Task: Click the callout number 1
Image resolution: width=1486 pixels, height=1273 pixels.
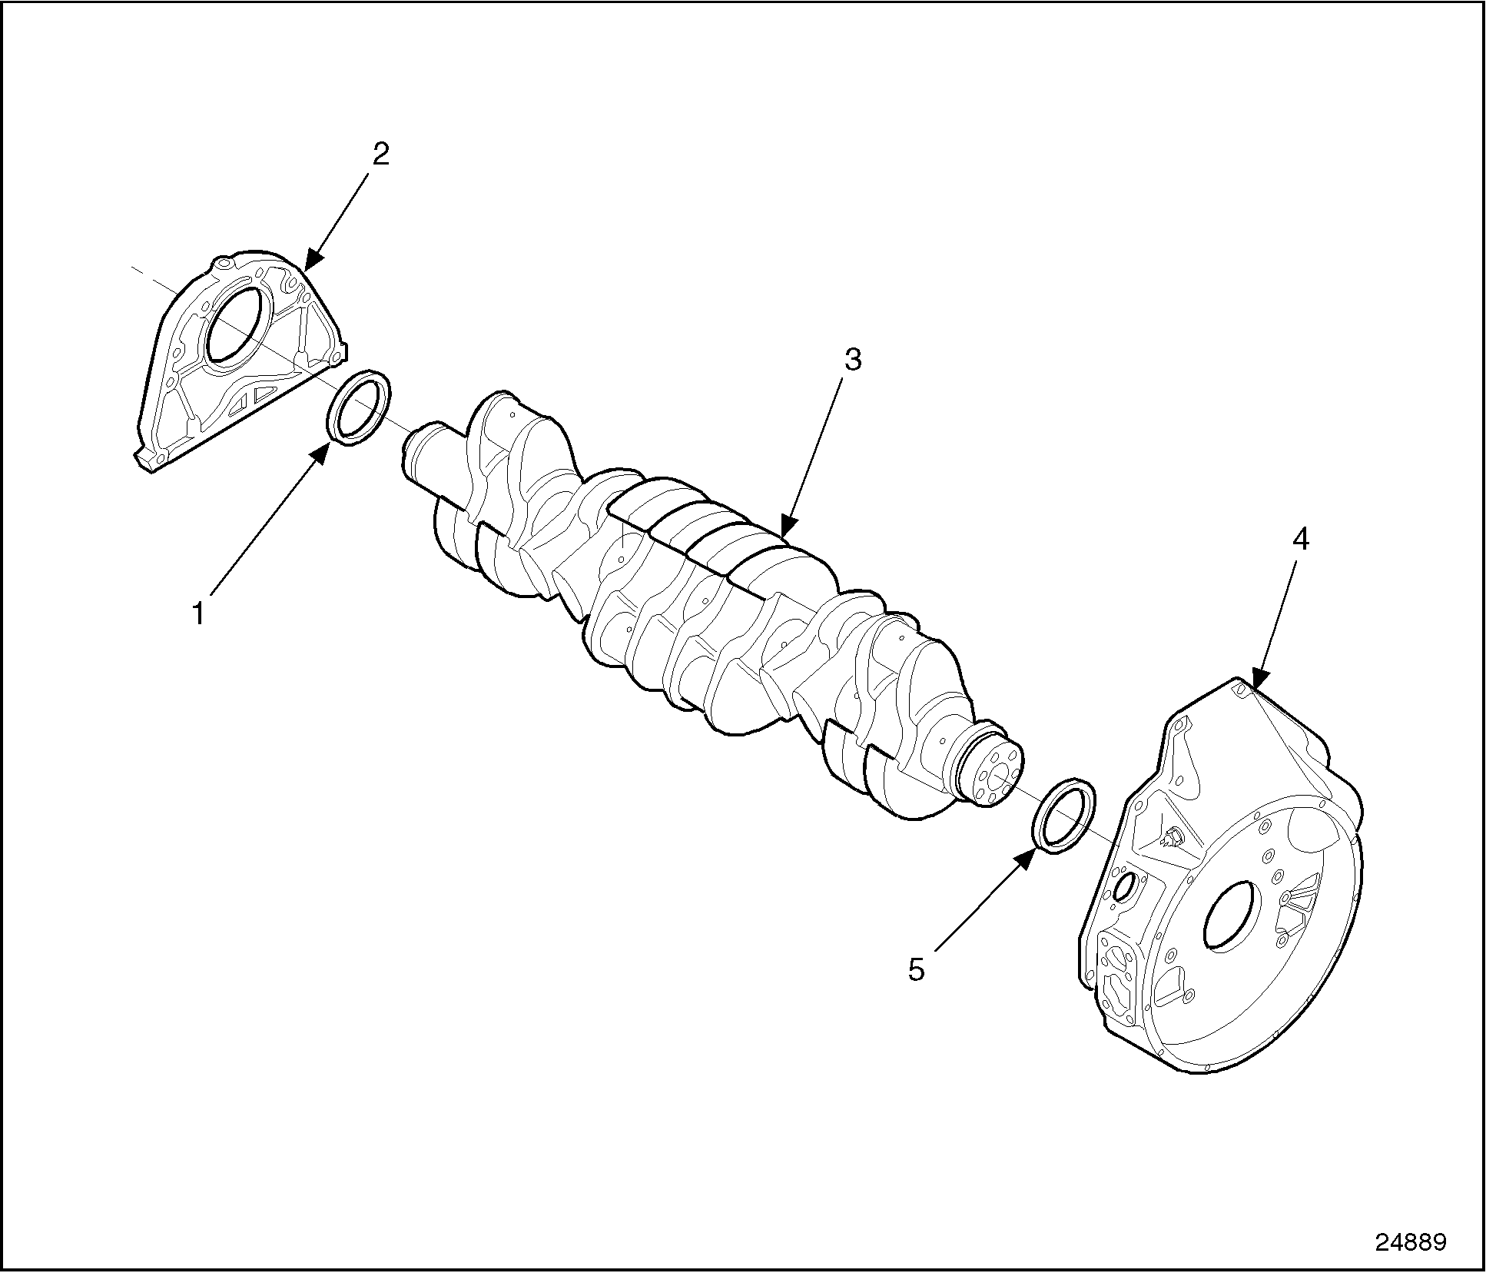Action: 199,614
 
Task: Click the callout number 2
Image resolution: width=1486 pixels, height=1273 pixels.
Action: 381,155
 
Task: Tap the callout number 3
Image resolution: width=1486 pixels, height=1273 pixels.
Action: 853,360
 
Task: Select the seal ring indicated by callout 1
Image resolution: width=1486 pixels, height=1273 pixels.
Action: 360,407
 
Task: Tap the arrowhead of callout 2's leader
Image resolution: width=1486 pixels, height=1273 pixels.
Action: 313,259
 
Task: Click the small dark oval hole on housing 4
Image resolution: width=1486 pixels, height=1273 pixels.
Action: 1123,886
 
